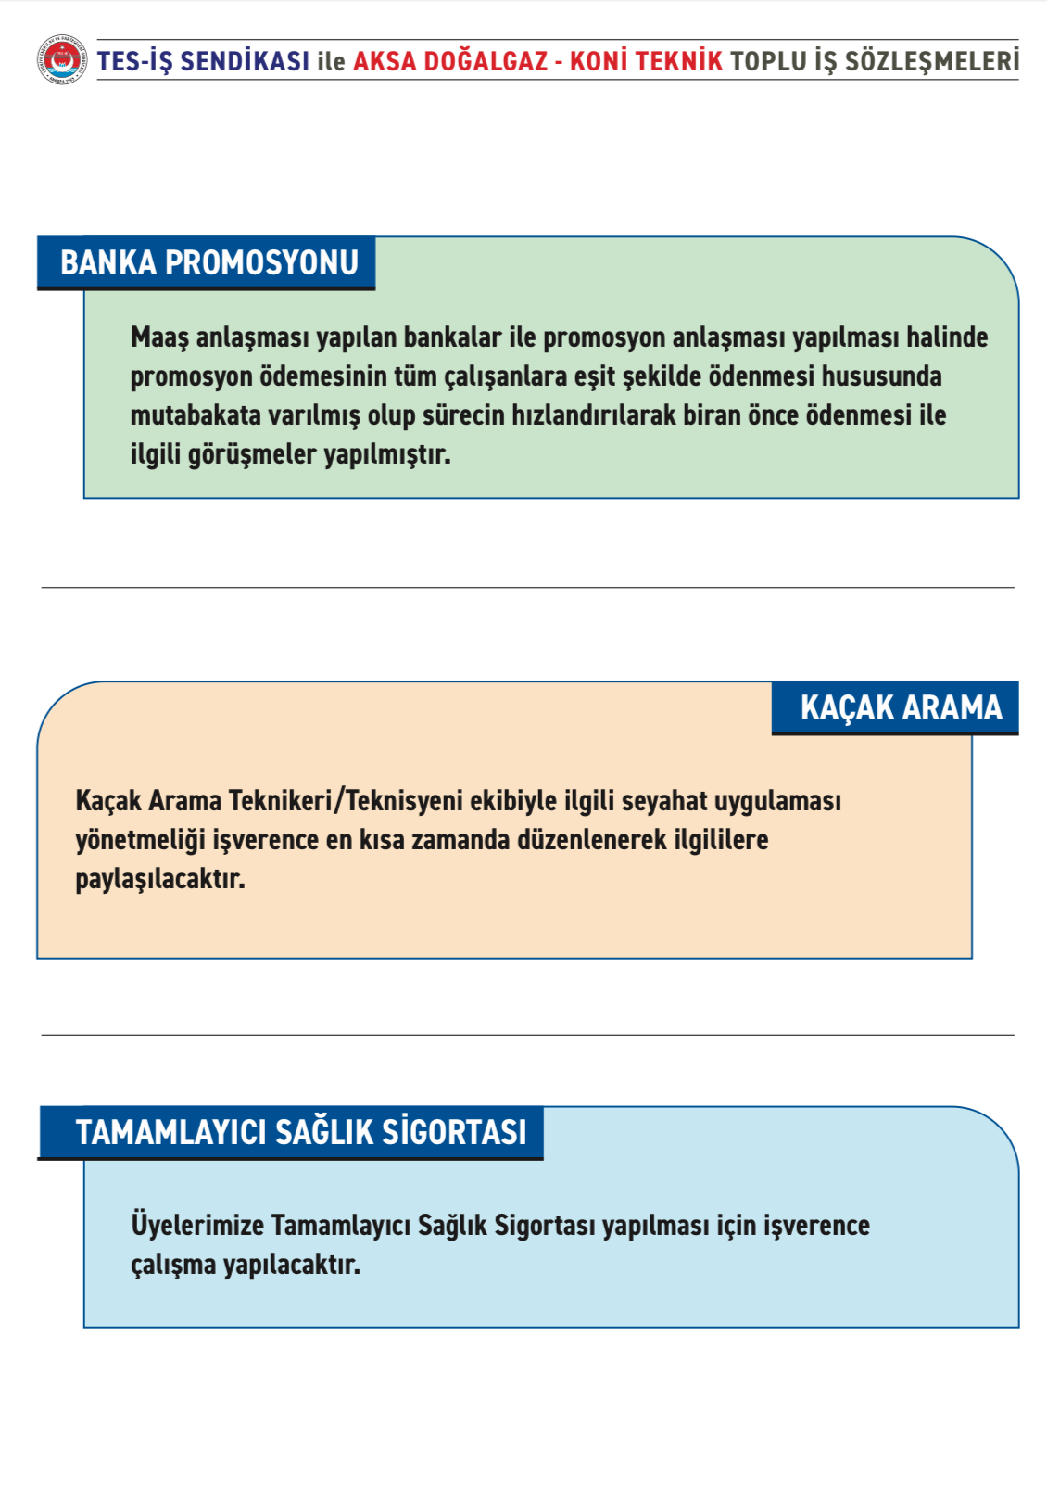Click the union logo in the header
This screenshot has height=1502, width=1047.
tap(62, 60)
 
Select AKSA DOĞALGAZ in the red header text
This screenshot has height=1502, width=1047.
tap(450, 61)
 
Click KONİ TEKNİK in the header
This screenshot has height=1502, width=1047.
tap(646, 61)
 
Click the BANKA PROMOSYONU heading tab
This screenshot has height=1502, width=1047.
tap(208, 263)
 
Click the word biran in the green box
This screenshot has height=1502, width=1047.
tap(712, 415)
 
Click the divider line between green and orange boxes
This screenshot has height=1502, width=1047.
tap(527, 587)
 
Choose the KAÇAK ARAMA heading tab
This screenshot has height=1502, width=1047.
tap(900, 708)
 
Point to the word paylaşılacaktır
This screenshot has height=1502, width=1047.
tap(159, 879)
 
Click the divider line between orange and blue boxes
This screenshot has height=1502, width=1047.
tap(527, 1035)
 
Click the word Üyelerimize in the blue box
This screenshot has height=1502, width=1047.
tap(197, 1226)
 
